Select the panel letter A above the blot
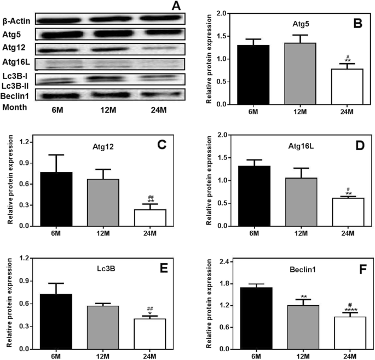click(x=176, y=6)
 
